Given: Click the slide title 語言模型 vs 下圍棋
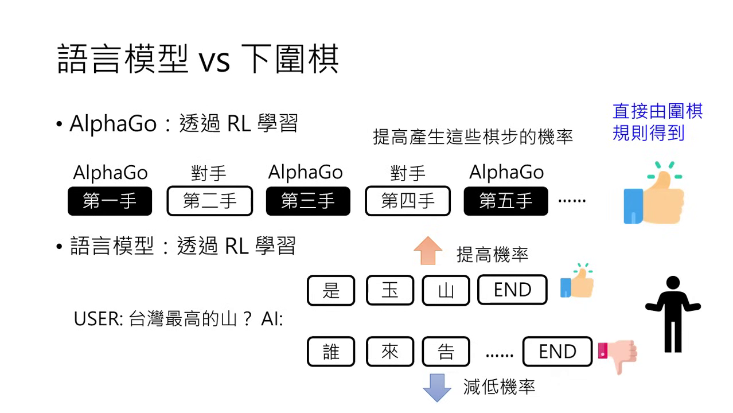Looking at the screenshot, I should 198,59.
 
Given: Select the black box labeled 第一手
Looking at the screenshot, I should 110,201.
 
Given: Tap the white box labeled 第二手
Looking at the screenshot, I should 209,201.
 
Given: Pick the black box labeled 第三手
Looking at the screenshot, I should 308,201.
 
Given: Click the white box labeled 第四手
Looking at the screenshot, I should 407,201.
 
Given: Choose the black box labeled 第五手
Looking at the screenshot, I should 506,201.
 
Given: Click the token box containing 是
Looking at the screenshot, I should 331,290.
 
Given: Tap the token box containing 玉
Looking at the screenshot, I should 389,290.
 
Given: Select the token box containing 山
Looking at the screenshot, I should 446,290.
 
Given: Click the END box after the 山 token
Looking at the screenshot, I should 512,290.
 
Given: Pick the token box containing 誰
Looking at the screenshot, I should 331,352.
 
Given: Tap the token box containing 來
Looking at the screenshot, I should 389,352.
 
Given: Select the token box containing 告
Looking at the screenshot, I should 446,352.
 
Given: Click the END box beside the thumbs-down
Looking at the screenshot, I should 557,352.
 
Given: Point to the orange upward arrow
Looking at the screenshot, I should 428,251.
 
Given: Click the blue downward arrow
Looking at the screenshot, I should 437,388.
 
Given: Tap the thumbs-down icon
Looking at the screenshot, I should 618,355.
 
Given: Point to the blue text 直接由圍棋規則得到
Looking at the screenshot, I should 657,122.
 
